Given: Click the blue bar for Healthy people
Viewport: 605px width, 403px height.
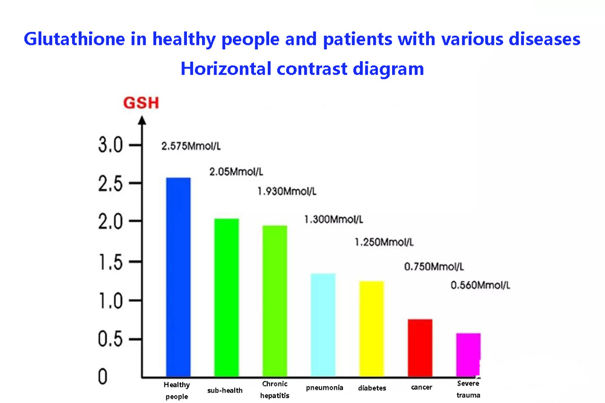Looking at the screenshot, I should (x=178, y=277).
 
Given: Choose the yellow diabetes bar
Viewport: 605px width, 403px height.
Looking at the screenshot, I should (x=371, y=329).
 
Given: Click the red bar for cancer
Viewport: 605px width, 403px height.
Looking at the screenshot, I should (x=420, y=347).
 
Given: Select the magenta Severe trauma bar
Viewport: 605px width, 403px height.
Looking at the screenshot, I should (x=468, y=355).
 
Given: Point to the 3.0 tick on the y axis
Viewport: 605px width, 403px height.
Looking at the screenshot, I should (x=110, y=146).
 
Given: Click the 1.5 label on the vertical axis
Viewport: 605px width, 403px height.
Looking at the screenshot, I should (x=110, y=262).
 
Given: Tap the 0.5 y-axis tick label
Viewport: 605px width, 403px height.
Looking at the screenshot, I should (x=110, y=339).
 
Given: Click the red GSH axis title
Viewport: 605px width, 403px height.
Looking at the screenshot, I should (x=141, y=103).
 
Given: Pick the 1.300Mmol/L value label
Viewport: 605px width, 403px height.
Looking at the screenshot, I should (x=333, y=219).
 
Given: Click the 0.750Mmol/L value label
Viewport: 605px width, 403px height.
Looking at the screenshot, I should (x=434, y=266).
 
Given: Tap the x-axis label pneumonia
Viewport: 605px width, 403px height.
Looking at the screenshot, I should (x=325, y=387).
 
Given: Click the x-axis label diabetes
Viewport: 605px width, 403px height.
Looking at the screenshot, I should (x=371, y=388).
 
